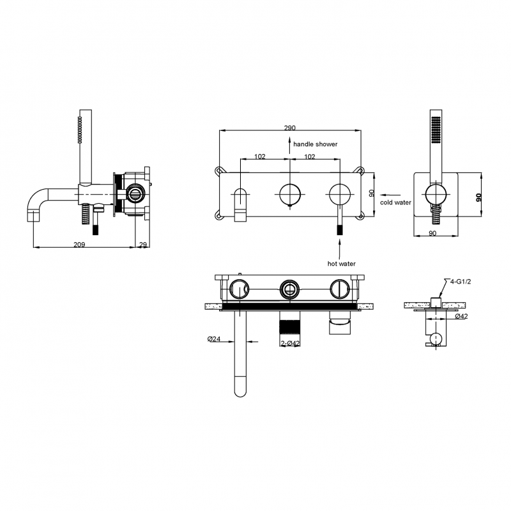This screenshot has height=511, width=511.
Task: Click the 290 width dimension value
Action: [289, 128]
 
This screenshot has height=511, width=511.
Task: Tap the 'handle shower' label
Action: [315, 144]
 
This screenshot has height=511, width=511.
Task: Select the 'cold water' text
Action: [395, 202]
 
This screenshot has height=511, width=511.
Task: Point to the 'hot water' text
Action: [341, 264]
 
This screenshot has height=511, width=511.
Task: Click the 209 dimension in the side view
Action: [79, 245]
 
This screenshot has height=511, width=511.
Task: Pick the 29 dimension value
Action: [143, 245]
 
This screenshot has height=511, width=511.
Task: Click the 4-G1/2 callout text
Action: [460, 282]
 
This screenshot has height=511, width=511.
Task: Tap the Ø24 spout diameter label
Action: [214, 339]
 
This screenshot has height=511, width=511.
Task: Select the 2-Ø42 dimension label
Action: [290, 344]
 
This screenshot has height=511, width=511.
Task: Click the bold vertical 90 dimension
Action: [478, 197]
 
